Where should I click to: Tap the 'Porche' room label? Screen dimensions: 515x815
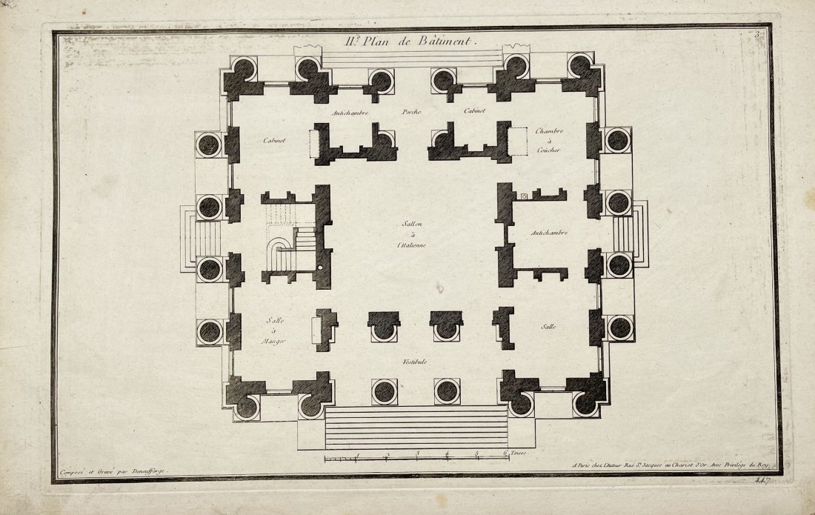[x=412, y=112]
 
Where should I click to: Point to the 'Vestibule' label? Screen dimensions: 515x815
[x=413, y=362]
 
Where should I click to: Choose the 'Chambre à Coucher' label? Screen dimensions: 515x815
[x=549, y=140]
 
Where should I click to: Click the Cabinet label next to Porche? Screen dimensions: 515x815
[x=474, y=111]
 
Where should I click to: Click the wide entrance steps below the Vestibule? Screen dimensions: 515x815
[x=415, y=428]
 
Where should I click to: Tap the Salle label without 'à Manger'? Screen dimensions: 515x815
[x=548, y=327]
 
